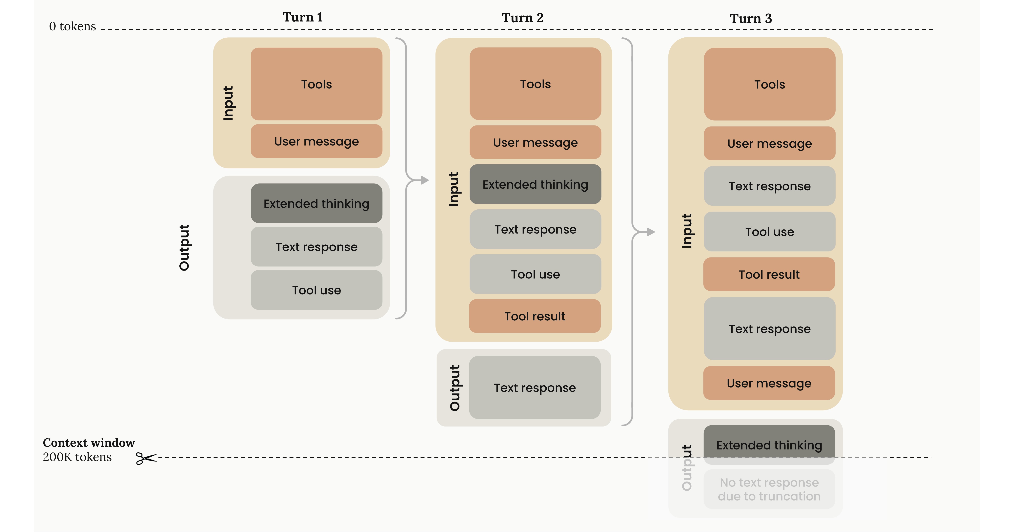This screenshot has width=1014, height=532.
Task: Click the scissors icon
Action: click(x=146, y=458)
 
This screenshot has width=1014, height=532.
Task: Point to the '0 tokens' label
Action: click(x=72, y=26)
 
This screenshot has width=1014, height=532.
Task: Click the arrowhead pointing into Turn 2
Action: click(x=425, y=180)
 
